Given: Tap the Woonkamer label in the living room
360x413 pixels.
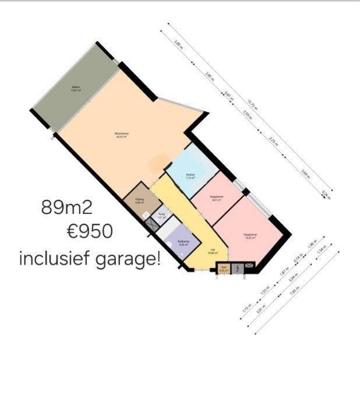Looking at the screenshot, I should (x=121, y=135).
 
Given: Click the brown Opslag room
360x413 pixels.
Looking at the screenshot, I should (x=140, y=200).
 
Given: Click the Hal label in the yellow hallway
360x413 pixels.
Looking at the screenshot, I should (x=212, y=251).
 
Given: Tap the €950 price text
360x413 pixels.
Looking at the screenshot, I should (x=89, y=232).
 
